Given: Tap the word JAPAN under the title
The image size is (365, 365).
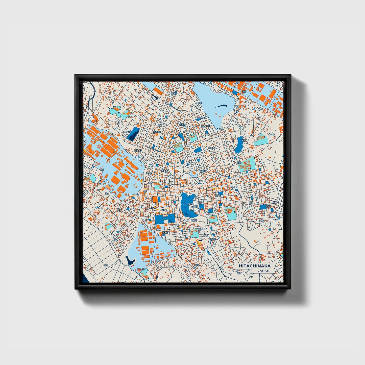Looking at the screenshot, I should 263,271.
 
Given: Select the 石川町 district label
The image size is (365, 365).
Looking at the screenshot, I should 164,210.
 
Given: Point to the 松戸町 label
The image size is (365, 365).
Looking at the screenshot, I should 218,195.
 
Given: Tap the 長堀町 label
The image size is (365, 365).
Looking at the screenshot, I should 194,207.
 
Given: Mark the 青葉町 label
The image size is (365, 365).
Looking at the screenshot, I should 165,232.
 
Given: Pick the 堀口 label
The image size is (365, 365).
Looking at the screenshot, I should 107,193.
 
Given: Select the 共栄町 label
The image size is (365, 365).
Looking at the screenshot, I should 149,173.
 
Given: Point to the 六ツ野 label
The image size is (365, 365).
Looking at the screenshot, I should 211,148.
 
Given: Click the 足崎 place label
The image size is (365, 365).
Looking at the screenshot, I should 239,163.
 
